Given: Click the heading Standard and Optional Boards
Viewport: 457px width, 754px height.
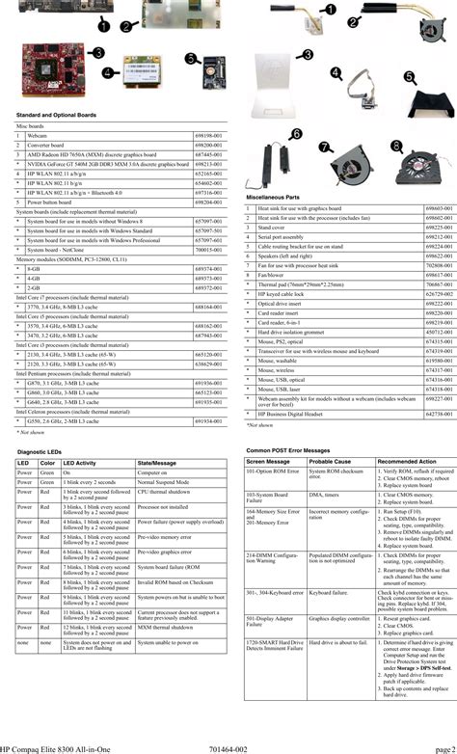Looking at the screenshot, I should pyautogui.click(x=60, y=115).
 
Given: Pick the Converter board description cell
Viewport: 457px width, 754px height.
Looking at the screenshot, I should pyautogui.click(x=49, y=145).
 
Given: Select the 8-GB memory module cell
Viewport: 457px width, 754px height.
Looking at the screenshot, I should pyautogui.click(x=35, y=268).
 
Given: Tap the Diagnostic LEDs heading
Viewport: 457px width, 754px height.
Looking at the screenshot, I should pyautogui.click(x=44, y=451).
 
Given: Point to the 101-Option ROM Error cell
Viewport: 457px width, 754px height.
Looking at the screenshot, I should pyautogui.click(x=275, y=472).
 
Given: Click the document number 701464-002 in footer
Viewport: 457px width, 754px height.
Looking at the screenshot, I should pyautogui.click(x=229, y=748).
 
